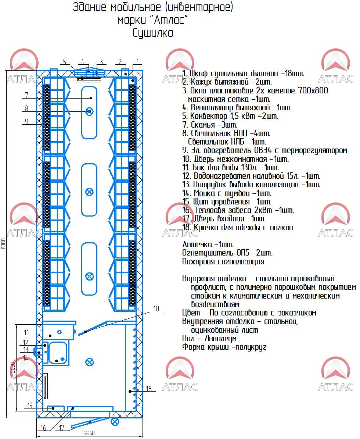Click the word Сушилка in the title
click(x=153, y=33)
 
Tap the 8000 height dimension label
click(x=3, y=243)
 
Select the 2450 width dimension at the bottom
click(x=89, y=433)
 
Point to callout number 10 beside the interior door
click(x=156, y=308)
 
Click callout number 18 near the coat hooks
click(x=148, y=388)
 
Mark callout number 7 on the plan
click(x=26, y=95)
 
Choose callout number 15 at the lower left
click(x=30, y=405)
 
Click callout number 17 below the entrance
click(x=61, y=428)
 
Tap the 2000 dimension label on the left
click(x=13, y=368)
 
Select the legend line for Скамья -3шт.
click(x=209, y=125)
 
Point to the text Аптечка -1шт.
click(x=208, y=244)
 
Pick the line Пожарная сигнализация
click(x=223, y=261)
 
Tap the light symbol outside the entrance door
click(x=115, y=421)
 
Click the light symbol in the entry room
click(x=89, y=362)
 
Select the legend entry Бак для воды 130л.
click(x=231, y=167)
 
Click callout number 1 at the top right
click(x=137, y=62)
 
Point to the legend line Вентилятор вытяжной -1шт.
click(x=237, y=107)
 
